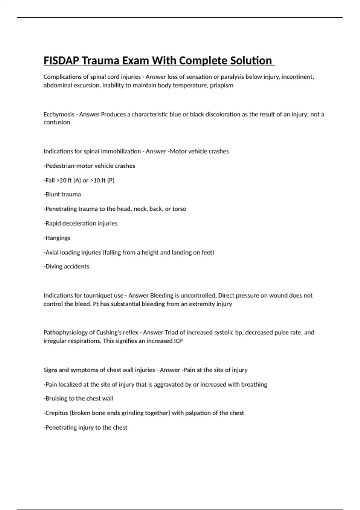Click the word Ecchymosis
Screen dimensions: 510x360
(x=59, y=114)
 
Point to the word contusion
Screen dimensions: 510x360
(x=57, y=122)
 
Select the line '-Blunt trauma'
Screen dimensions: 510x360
(x=62, y=194)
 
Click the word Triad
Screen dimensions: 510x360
(x=172, y=332)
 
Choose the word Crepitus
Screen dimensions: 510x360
(x=56, y=413)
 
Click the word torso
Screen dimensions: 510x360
(x=179, y=209)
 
